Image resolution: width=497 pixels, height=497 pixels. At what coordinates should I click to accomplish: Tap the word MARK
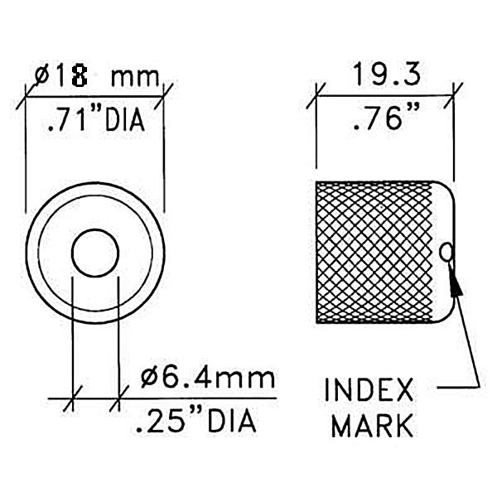pyautogui.click(x=370, y=427)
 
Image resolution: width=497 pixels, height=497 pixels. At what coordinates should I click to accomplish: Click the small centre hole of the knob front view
pyautogui.click(x=95, y=253)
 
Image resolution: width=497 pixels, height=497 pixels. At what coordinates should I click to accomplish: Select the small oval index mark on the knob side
pyautogui.click(x=447, y=250)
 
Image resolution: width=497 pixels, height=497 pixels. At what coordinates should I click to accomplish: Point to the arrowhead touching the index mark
pyautogui.click(x=454, y=284)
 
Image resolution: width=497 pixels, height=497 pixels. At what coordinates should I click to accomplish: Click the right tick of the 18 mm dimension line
pyautogui.click(x=166, y=93)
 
